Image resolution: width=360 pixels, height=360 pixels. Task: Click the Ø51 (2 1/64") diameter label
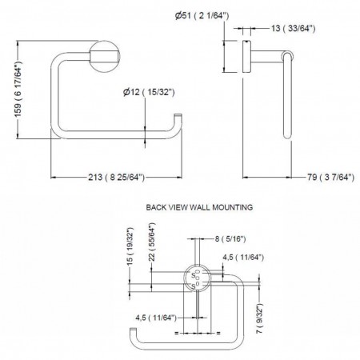coord(202,15)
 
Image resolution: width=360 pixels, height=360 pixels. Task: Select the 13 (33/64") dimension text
coord(294,28)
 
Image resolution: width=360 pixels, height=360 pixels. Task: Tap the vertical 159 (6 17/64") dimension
coord(18,90)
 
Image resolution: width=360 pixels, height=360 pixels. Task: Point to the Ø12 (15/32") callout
coord(149,92)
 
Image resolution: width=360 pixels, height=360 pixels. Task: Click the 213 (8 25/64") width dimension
coord(116,177)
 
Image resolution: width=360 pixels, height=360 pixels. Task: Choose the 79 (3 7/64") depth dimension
coord(330,177)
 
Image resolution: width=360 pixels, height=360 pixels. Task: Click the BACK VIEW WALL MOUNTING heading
coord(199,207)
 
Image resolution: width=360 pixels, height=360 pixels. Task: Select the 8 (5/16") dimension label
coord(230,238)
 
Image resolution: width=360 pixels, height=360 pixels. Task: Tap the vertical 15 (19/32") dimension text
coord(130,246)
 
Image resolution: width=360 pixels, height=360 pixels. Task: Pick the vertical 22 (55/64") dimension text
coord(152,242)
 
